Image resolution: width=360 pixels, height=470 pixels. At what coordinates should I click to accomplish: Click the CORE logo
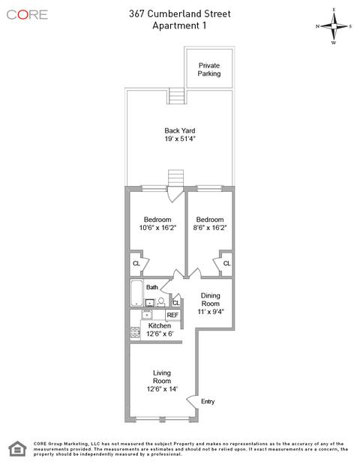point(27,15)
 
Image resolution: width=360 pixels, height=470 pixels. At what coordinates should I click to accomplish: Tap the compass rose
point(334,26)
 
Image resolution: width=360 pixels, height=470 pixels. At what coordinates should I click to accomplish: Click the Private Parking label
point(209,70)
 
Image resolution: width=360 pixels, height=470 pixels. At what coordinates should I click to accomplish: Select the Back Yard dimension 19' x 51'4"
point(180,139)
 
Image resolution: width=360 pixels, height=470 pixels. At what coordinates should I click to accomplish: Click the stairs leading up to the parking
point(176,96)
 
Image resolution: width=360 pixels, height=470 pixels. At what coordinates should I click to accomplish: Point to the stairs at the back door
point(175,178)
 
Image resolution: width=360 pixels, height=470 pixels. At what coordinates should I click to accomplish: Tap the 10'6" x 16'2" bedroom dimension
point(157,228)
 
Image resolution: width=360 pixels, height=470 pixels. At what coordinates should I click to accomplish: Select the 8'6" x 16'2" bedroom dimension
point(210,228)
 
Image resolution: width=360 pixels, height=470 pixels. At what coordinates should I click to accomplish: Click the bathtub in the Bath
point(137,293)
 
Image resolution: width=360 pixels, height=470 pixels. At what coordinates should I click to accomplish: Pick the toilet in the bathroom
point(161,302)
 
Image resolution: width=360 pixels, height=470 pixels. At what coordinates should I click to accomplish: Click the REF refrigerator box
point(172,315)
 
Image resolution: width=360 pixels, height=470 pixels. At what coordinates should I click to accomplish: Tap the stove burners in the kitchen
point(135,333)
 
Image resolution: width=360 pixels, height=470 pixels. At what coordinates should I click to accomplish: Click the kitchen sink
point(147,315)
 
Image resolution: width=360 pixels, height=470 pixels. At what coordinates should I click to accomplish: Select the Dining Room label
point(210,299)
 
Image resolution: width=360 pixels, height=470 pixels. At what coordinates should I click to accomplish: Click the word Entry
point(208,401)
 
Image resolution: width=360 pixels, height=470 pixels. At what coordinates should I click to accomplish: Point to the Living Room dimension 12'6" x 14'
point(162,389)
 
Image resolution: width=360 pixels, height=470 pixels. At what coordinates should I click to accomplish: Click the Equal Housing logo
point(17,449)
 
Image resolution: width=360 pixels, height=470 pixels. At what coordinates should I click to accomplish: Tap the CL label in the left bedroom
point(136,263)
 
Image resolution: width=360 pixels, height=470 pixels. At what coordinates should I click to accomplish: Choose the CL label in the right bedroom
point(226,263)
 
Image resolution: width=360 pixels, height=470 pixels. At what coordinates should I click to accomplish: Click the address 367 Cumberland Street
point(180,13)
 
